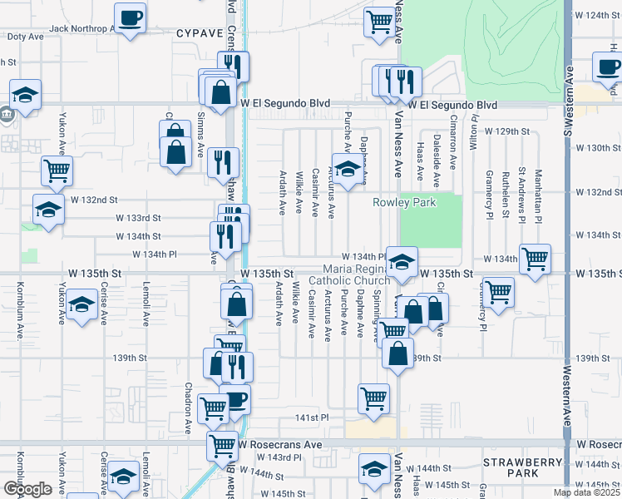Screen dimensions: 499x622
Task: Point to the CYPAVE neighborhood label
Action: coord(200,33)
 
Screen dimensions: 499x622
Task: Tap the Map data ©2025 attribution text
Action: coord(586,492)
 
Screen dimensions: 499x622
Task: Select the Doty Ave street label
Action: coord(25,37)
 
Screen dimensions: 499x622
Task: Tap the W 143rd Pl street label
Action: coord(266,458)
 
